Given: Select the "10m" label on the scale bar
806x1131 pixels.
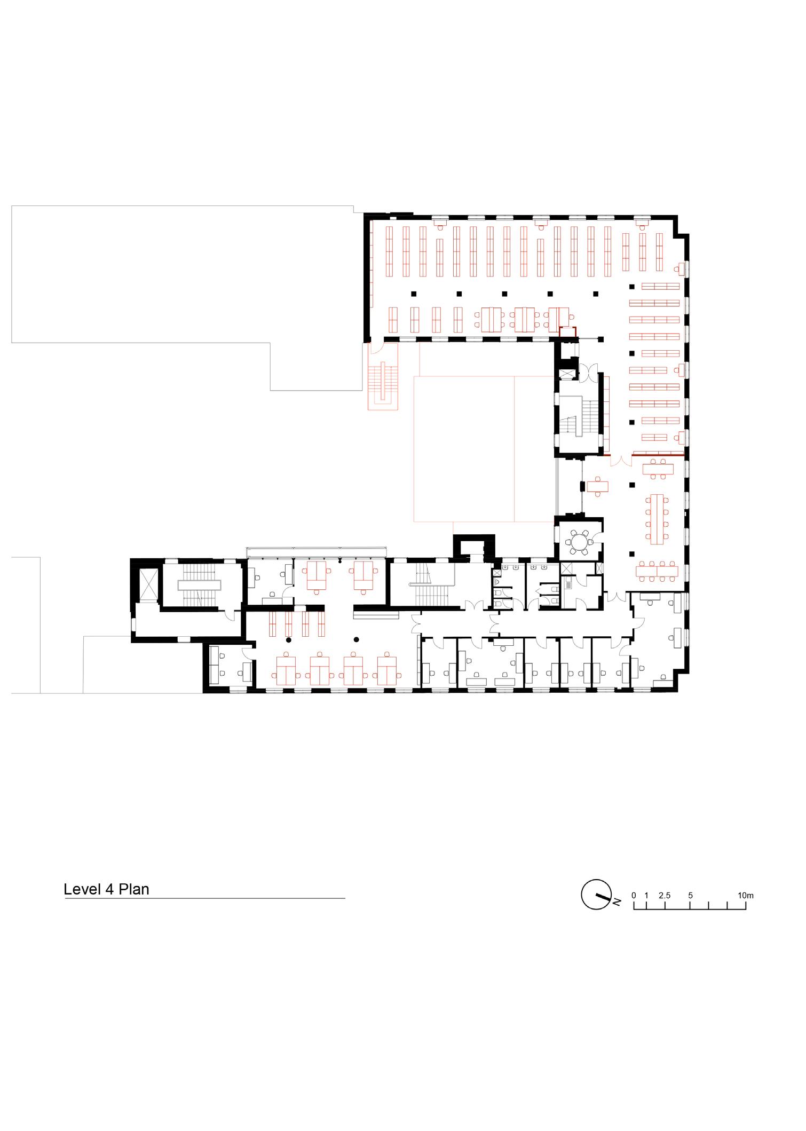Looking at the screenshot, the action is point(746,895).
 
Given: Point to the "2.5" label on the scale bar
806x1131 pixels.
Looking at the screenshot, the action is point(665,895).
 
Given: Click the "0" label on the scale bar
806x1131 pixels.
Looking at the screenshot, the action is point(634,895).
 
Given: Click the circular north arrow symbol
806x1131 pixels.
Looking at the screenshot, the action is point(595,893).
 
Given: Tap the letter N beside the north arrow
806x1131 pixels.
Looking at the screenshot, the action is point(617,902).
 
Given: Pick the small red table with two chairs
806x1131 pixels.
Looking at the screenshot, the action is point(597,486).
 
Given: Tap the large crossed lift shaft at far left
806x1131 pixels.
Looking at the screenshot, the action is point(147,585).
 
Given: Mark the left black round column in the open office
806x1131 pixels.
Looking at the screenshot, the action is point(289,639).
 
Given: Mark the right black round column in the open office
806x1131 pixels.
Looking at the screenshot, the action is point(356,639).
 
